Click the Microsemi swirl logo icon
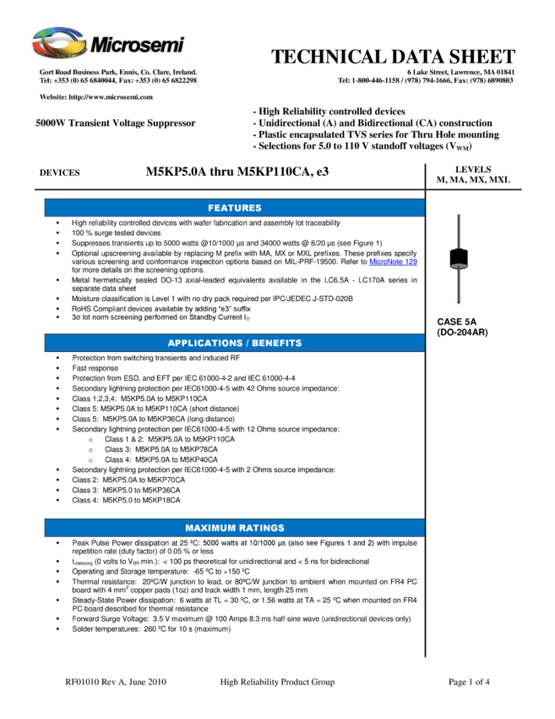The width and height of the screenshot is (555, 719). tap(59, 42)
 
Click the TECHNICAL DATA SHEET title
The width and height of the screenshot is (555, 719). tap(393, 57)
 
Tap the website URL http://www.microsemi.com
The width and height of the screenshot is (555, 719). tap(111, 97)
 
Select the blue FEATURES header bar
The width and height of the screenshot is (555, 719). tap(235, 208)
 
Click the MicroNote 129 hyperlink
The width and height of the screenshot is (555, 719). tap(393, 262)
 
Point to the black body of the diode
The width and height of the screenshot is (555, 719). tap(459, 258)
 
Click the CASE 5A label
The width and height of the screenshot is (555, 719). tap(456, 322)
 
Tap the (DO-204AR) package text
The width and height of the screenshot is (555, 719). tap(462, 332)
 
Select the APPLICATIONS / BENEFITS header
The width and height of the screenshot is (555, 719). tap(235, 343)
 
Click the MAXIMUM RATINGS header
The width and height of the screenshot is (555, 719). tap(235, 528)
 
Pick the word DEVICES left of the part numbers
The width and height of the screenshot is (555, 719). tap(59, 173)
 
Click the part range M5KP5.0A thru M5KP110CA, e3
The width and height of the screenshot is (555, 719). tap(237, 172)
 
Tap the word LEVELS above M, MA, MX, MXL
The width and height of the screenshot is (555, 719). tap(473, 169)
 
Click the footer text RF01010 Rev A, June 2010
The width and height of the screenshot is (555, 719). tap(116, 682)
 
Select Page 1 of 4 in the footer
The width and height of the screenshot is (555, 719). tap(469, 682)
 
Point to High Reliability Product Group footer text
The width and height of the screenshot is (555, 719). tap(277, 682)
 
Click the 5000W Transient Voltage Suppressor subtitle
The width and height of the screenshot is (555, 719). tap(116, 123)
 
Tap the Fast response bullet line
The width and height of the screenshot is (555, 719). tap(95, 368)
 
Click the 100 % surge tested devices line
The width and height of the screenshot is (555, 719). tap(117, 233)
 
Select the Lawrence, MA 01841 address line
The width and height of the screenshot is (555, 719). tap(460, 72)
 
